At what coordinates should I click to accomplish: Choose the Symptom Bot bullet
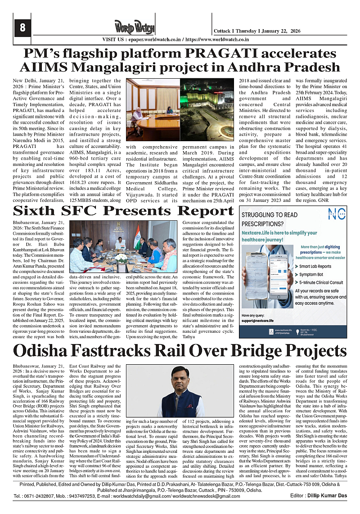pos(309,274)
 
